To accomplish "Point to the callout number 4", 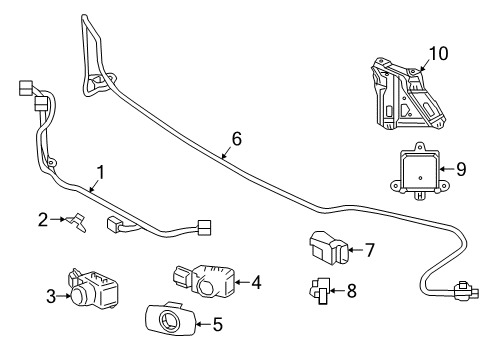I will (256, 283).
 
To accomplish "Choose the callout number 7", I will (369, 249).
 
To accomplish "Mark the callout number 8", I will (351, 292).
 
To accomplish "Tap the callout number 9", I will (460, 169).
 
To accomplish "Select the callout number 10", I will (438, 52).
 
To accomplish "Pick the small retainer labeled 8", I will (320, 292).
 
